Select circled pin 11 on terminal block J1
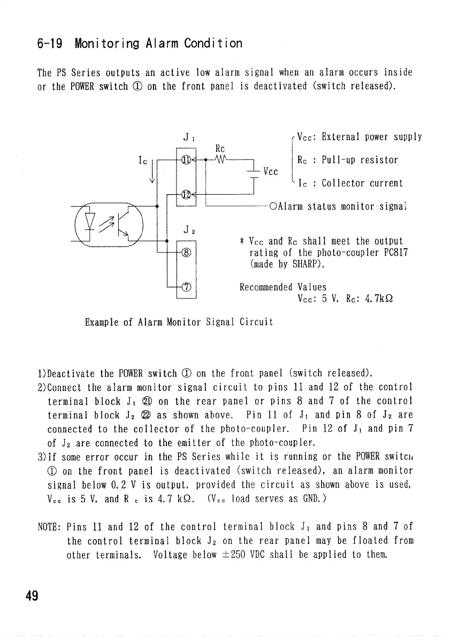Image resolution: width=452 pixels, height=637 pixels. click(x=186, y=159)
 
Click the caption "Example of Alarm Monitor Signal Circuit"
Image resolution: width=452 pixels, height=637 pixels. click(x=179, y=322)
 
